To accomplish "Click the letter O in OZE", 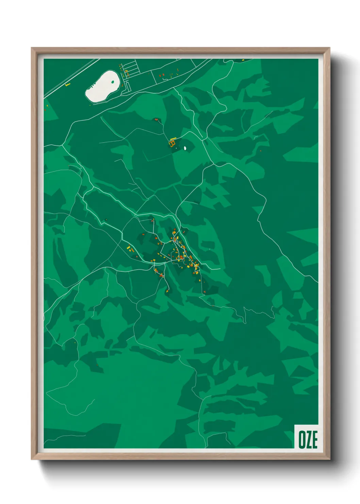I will click(x=301, y=440).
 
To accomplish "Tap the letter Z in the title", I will click(x=308, y=440).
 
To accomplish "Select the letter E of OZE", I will click(x=315, y=440).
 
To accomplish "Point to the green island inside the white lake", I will click(x=113, y=82).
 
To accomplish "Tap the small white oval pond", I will click(x=185, y=148).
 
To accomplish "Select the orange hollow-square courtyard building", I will click(x=173, y=144).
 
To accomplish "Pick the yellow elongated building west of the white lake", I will click(x=68, y=84).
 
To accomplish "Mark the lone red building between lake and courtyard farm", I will click(x=156, y=120).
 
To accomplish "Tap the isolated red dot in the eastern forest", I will click(x=261, y=151).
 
